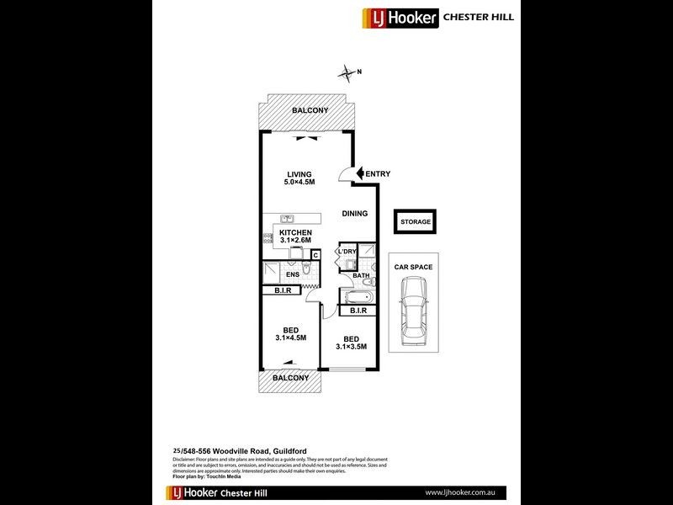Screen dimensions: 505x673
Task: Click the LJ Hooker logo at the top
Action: (x=400, y=18)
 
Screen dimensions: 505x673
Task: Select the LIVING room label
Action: (x=299, y=178)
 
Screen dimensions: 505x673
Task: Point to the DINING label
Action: (x=354, y=214)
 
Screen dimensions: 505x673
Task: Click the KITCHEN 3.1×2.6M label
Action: (x=296, y=237)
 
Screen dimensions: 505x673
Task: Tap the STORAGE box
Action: (x=416, y=222)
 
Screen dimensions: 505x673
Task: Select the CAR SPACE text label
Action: (x=414, y=267)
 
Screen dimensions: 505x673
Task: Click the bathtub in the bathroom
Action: (x=356, y=297)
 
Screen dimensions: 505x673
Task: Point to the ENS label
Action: (x=293, y=274)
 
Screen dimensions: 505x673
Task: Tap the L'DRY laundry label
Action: (x=347, y=252)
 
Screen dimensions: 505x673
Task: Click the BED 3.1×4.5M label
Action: (x=291, y=333)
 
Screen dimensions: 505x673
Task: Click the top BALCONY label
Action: (x=310, y=111)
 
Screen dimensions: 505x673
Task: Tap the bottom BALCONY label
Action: (x=291, y=378)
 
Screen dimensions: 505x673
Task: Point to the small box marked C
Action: (x=315, y=255)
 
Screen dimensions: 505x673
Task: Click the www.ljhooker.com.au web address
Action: (x=459, y=492)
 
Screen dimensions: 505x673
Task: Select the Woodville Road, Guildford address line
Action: (x=236, y=452)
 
